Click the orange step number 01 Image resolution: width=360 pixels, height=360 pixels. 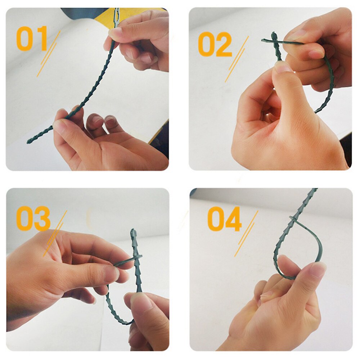pyautogui.click(x=32, y=39)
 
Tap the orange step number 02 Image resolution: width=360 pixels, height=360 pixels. pyautogui.click(x=215, y=44)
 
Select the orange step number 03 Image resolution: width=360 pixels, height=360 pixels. pyautogui.click(x=33, y=219)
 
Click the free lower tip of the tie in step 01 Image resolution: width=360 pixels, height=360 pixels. pyautogui.click(x=29, y=141)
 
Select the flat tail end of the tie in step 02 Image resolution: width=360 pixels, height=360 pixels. pyautogui.click(x=265, y=40)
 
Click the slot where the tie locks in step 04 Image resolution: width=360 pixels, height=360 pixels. pyautogui.click(x=292, y=219)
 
